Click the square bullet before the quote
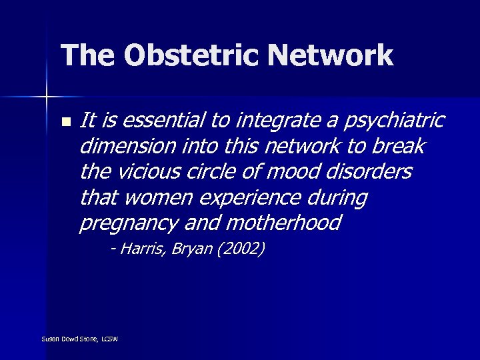pyautogui.click(x=65, y=122)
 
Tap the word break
pyautogui.click(x=401, y=145)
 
